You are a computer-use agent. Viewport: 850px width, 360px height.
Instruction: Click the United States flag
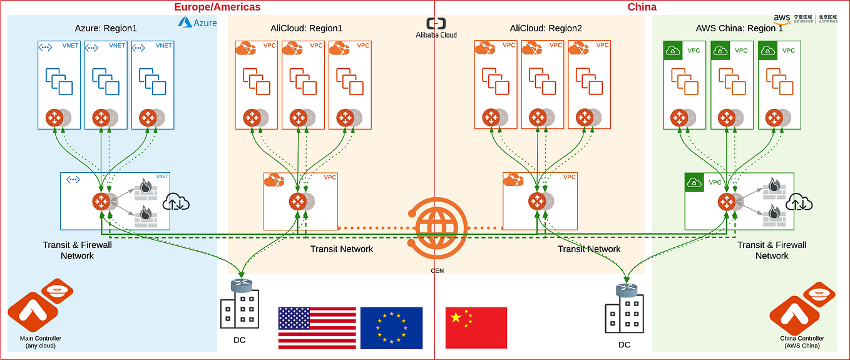tap(317, 327)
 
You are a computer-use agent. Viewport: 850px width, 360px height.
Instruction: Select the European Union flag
tap(391, 327)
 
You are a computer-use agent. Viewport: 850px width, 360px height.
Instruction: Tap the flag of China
tap(476, 327)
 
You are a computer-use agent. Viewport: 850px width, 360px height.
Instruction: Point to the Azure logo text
tap(197, 23)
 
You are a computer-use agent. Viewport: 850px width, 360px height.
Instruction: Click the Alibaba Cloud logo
tap(436, 28)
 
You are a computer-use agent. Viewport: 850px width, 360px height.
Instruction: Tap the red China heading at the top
tap(642, 7)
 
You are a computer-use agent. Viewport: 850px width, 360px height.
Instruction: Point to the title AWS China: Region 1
tap(739, 28)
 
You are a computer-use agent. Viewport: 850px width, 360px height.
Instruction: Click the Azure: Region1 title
tap(105, 28)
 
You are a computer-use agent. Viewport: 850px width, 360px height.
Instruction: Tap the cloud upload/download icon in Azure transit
tap(176, 202)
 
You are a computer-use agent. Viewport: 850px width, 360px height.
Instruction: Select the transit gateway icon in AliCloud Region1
tap(297, 202)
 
